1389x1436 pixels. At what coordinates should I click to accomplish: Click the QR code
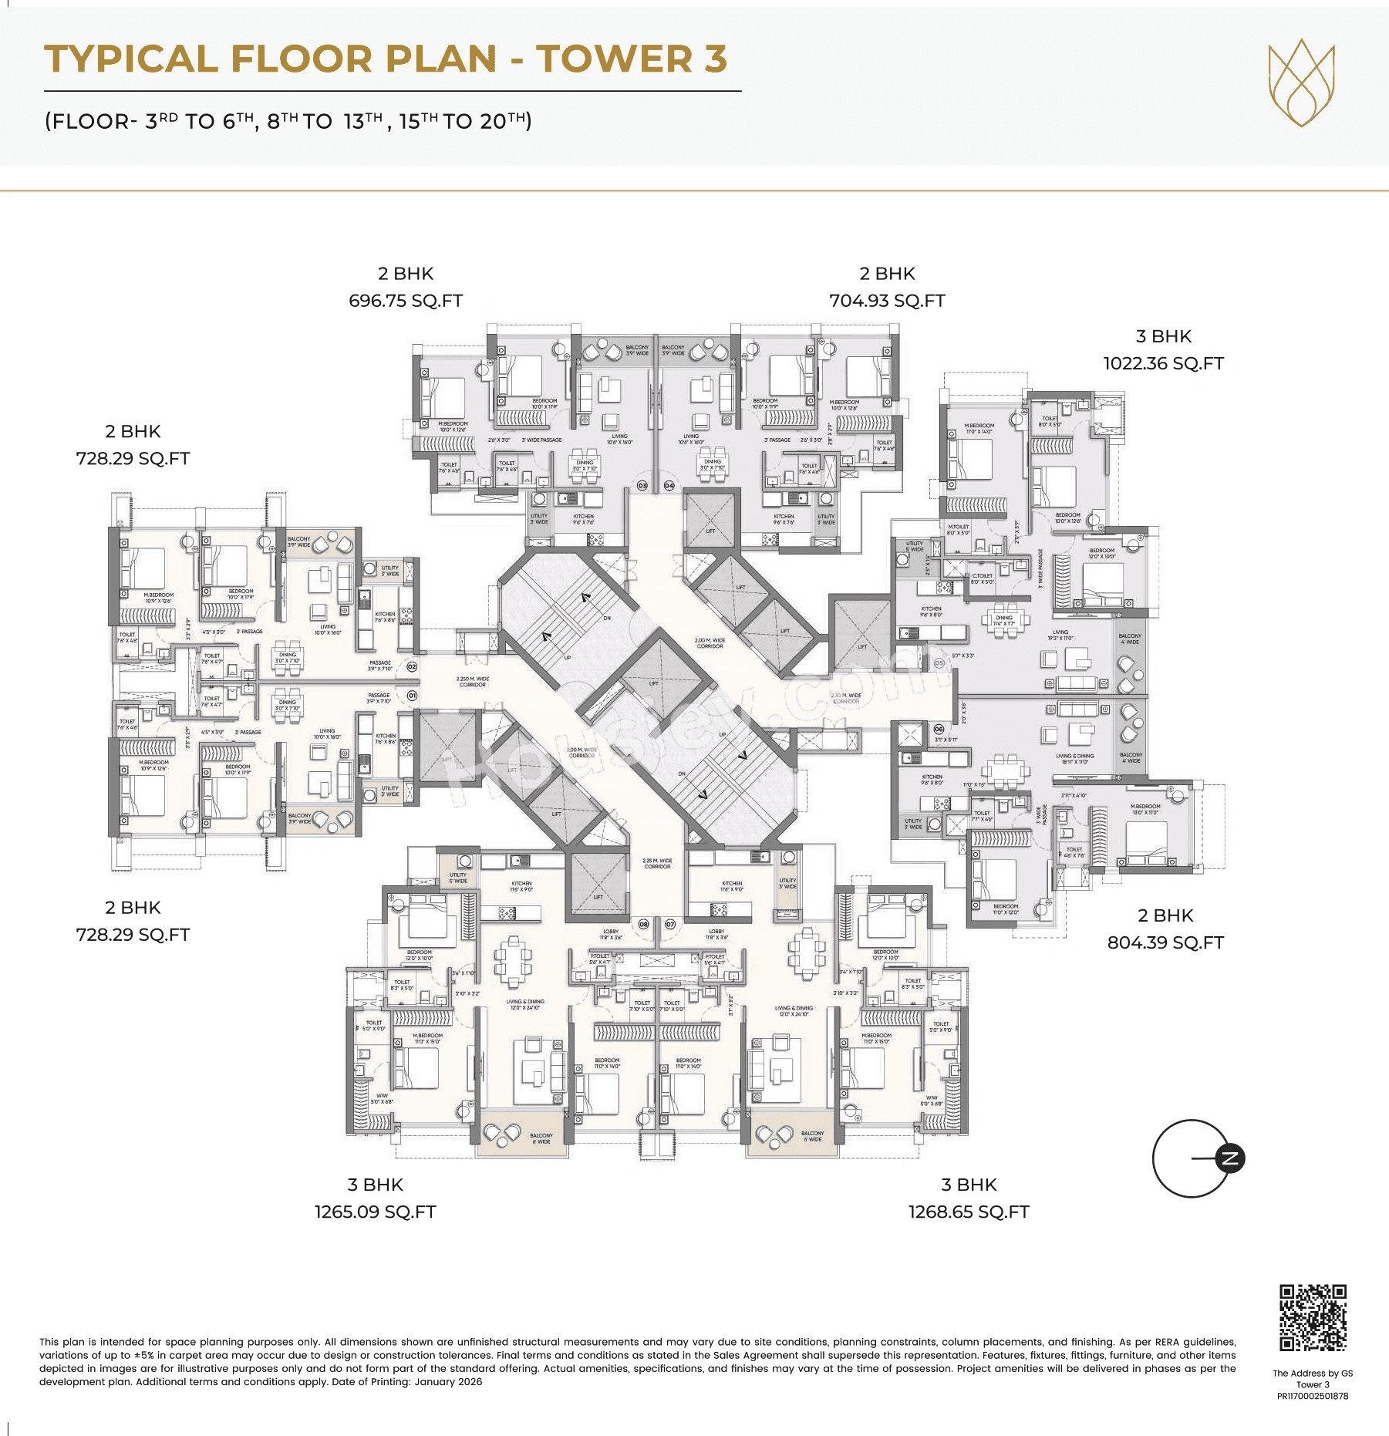click(x=1313, y=1317)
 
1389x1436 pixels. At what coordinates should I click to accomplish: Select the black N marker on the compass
click(x=1230, y=1158)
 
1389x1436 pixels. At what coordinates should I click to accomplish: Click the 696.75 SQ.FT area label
click(x=406, y=301)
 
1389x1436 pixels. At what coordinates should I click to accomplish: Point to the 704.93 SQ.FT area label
click(x=887, y=301)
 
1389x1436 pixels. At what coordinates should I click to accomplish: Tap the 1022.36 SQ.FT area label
click(x=1163, y=363)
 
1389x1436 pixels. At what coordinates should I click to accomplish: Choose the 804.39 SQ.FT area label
click(x=1165, y=942)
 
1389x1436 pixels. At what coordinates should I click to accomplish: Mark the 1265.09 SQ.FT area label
click(x=375, y=1212)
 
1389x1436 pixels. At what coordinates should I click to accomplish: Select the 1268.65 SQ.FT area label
click(x=969, y=1212)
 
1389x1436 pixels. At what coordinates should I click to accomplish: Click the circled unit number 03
click(x=642, y=486)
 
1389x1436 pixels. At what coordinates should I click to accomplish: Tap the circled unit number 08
click(x=644, y=924)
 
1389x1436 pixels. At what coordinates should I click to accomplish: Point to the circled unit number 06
click(x=939, y=729)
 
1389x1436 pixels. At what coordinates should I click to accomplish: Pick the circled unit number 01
click(x=412, y=696)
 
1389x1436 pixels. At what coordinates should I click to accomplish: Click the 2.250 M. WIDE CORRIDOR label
click(x=472, y=682)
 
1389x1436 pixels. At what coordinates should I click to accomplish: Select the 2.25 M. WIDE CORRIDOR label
click(x=657, y=863)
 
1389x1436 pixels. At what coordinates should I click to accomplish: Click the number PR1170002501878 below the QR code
click(x=1313, y=1396)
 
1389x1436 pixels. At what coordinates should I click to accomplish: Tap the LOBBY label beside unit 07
click(x=716, y=934)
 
